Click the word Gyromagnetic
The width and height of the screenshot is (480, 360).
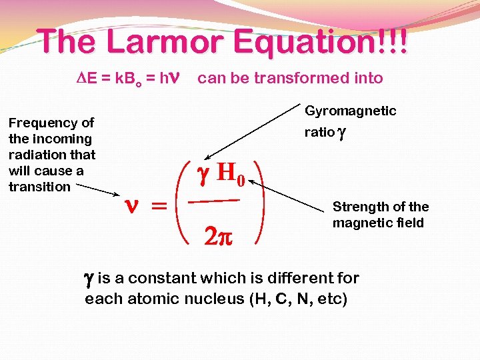[x=350, y=111]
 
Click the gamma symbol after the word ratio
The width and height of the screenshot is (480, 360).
[x=342, y=132]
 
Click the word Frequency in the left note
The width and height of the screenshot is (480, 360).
[x=51, y=123]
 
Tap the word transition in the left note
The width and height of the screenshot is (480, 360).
[x=39, y=187]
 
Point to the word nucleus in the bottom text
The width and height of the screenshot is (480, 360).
[x=215, y=299]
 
